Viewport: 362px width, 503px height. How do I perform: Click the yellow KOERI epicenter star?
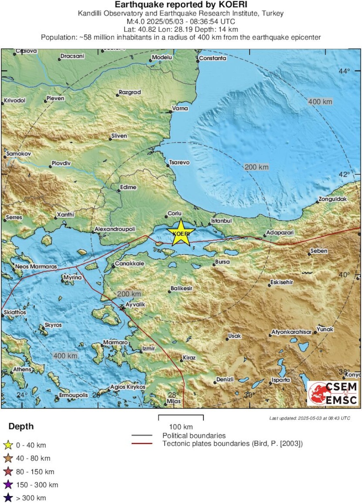[181, 233]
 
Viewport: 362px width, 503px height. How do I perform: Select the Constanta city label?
[213, 58]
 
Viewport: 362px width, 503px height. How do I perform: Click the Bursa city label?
[222, 262]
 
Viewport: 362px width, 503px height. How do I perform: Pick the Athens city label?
[22, 369]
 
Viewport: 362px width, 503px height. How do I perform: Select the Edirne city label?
[129, 188]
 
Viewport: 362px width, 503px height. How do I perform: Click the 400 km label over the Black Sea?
[320, 102]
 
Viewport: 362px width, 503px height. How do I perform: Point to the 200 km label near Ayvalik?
[129, 295]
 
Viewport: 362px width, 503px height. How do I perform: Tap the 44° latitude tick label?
[344, 71]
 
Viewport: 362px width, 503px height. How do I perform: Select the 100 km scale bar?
[181, 418]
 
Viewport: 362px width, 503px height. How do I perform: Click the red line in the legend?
[142, 443]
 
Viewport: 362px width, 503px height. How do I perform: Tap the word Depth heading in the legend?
[21, 427]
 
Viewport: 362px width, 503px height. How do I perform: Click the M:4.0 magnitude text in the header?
[138, 21]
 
